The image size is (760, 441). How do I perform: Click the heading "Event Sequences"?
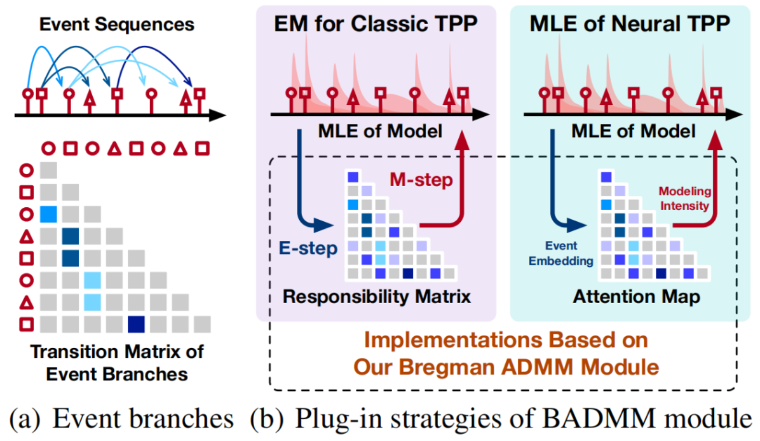click(x=117, y=24)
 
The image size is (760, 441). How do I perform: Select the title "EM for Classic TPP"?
click(x=375, y=24)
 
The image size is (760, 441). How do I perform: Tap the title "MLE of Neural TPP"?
click(x=630, y=24)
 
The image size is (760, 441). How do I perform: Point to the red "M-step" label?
click(x=421, y=180)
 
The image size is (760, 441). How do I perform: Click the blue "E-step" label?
click(x=308, y=248)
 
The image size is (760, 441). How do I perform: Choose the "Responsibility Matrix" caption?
click(x=376, y=297)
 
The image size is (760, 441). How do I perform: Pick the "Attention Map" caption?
click(x=636, y=297)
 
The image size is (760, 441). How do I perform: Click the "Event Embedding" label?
click(x=561, y=253)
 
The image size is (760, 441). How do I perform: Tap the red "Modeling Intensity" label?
click(x=684, y=199)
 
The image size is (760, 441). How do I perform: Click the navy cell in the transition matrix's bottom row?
click(x=136, y=324)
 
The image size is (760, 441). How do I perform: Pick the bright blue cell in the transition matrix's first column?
click(x=48, y=214)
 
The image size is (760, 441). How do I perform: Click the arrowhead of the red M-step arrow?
click(x=461, y=140)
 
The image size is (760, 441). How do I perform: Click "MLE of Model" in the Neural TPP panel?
click(x=633, y=131)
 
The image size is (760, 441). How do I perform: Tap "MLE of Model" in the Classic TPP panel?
click(x=380, y=131)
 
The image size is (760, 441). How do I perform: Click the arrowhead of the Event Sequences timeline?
click(x=218, y=115)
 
